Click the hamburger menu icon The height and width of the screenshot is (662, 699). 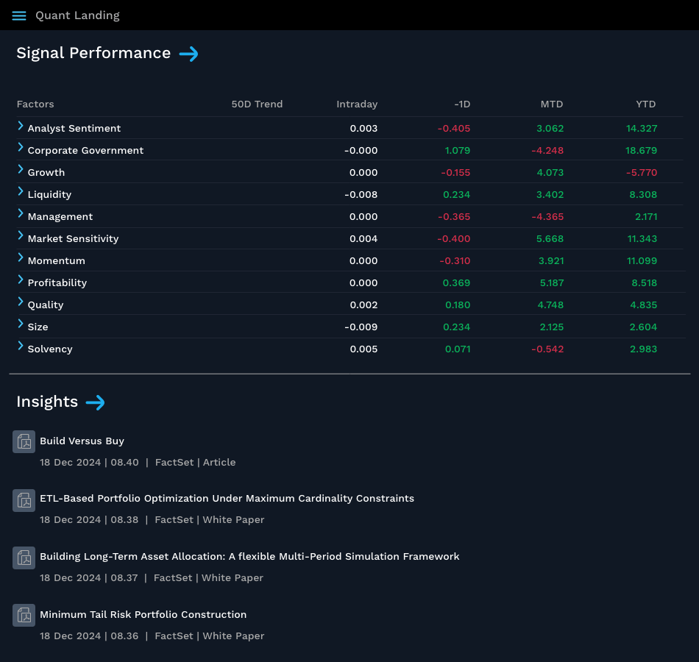pyautogui.click(x=19, y=15)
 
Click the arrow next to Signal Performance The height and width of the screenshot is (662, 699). pyautogui.click(x=189, y=54)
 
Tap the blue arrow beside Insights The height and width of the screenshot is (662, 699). pyautogui.click(x=96, y=402)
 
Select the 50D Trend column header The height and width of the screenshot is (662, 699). pyautogui.click(x=257, y=104)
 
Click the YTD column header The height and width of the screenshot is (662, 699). pyautogui.click(x=645, y=104)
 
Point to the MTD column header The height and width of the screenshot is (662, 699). pyautogui.click(x=551, y=104)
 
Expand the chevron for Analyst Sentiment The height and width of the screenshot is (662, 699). pyautogui.click(x=21, y=127)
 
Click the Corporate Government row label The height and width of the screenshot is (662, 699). pyautogui.click(x=85, y=151)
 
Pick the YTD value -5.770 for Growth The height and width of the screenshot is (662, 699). pyautogui.click(x=641, y=173)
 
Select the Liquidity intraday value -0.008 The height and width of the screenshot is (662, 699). pyautogui.click(x=361, y=195)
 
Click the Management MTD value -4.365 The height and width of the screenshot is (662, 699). pyautogui.click(x=547, y=217)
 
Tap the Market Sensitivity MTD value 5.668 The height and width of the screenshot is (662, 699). pyautogui.click(x=550, y=239)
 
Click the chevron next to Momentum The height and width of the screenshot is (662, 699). pyautogui.click(x=21, y=259)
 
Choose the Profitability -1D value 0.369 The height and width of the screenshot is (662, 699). pyautogui.click(x=456, y=283)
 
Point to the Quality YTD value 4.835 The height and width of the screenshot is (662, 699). pyautogui.click(x=643, y=305)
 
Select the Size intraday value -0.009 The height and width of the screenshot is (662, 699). pyautogui.click(x=361, y=327)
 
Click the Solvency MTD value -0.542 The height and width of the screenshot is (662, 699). pyautogui.click(x=547, y=349)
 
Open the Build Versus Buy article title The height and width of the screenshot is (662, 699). pyautogui.click(x=82, y=441)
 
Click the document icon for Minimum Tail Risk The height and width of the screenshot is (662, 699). pyautogui.click(x=24, y=615)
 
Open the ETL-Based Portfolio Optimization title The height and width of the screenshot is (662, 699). pyautogui.click(x=227, y=499)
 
